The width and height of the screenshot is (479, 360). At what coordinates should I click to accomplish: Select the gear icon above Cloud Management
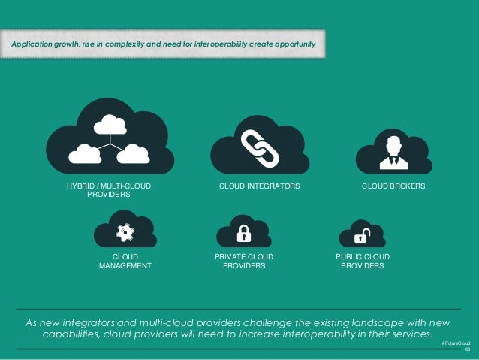125,233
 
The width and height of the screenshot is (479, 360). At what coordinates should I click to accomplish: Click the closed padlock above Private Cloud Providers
243,234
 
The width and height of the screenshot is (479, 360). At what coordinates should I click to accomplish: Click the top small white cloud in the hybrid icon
110,125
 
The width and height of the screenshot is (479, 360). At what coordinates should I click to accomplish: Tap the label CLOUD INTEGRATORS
259,185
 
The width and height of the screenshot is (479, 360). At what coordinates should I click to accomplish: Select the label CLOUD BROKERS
393,185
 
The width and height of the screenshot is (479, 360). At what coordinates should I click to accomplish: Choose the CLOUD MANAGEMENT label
125,262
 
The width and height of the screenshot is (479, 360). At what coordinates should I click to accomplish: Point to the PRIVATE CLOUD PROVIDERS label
244,262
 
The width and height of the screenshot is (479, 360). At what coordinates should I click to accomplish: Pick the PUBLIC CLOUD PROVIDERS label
363,262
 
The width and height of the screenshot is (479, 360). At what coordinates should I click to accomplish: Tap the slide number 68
467,349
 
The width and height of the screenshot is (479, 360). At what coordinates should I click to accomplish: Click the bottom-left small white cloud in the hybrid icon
84,153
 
